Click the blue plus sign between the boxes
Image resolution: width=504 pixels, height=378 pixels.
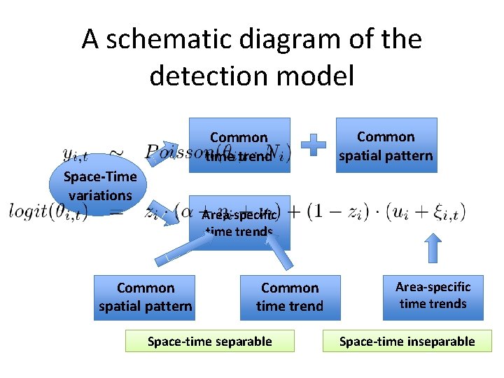314,145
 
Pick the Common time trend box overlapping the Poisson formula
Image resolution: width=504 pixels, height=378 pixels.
239,146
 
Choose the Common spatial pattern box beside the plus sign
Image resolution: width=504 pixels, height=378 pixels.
386,146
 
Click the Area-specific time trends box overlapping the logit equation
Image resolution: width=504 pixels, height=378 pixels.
239,223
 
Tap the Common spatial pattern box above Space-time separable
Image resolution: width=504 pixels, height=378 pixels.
146,297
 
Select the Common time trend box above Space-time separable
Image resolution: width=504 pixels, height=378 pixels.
290,297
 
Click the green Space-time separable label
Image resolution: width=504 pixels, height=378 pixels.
209,341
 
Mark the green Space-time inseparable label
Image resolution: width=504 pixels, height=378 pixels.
407,341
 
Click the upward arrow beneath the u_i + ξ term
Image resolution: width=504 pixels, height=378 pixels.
433,247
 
